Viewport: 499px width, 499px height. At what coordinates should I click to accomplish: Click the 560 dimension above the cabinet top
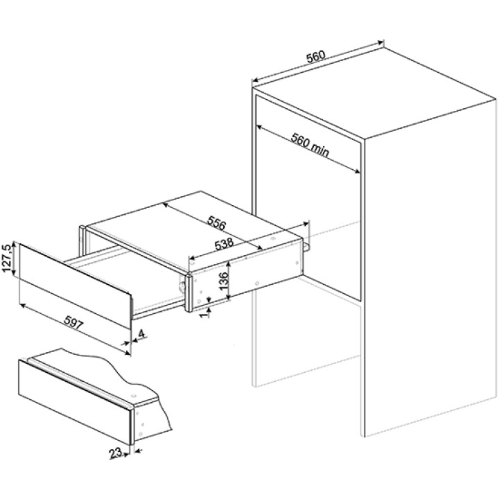(316, 56)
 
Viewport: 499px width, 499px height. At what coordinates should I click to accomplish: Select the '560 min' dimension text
(310, 145)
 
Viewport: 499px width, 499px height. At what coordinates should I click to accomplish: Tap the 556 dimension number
(217, 222)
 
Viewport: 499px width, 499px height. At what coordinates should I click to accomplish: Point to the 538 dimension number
(224, 244)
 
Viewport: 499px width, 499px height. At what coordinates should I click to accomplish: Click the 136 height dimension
(224, 281)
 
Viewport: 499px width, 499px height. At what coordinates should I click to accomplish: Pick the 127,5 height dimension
(8, 259)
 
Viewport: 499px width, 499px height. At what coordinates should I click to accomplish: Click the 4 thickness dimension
(141, 333)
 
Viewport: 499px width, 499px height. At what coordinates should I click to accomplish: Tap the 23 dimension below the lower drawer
(115, 453)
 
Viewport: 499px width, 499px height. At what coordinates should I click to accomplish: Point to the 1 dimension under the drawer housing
(204, 313)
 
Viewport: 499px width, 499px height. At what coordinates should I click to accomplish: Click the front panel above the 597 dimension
(76, 286)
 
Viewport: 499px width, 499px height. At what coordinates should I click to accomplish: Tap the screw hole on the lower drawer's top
(133, 396)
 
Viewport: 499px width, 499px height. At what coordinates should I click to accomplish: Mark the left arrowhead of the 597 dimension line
(22, 306)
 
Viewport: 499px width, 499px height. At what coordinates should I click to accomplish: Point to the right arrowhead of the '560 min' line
(357, 172)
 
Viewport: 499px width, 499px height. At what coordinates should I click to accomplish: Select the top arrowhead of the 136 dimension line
(228, 265)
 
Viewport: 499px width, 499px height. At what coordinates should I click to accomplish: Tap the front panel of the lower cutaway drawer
(75, 402)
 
